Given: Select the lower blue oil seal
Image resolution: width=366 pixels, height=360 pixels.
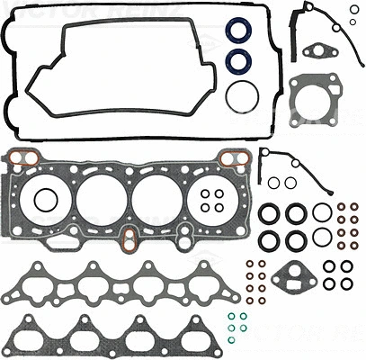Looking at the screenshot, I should coord(239,62).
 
